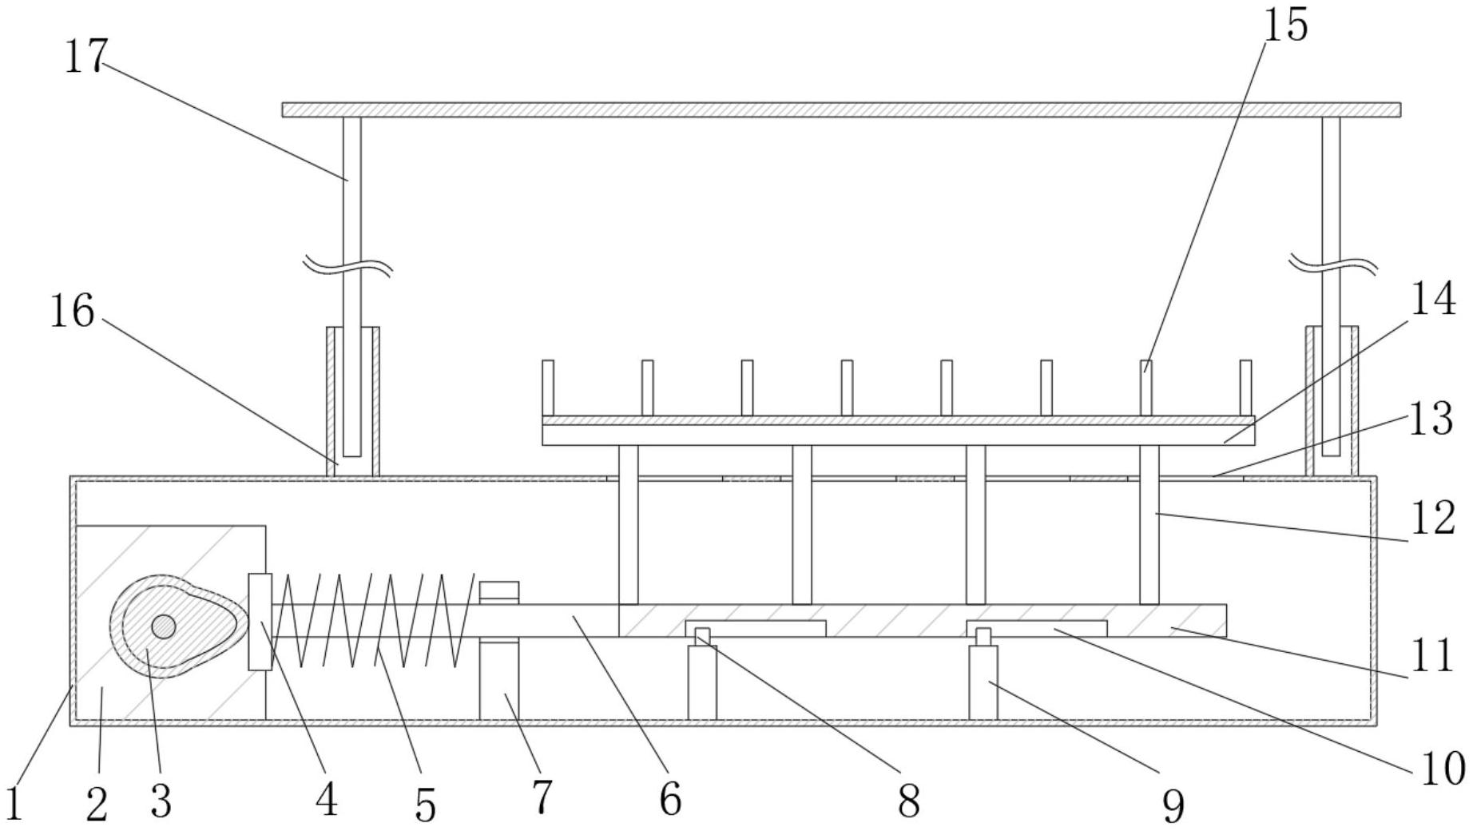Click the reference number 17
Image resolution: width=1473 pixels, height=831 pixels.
[85, 56]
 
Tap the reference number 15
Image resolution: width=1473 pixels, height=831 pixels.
[1285, 25]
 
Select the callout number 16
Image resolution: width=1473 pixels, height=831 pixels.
[72, 311]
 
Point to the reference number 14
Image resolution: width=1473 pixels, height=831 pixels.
[1432, 300]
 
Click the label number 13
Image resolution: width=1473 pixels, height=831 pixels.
[1431, 419]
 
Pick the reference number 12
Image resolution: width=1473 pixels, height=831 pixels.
[1433, 519]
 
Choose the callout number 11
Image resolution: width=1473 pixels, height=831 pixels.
[1431, 656]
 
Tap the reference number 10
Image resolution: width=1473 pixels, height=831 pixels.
[1442, 769]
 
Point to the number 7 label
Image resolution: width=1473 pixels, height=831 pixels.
[542, 797]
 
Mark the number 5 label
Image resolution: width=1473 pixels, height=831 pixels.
[426, 804]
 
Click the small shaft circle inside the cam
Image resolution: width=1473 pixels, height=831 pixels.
[164, 626]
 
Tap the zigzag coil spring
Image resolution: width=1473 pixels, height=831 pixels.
[375, 620]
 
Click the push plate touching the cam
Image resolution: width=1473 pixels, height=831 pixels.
[260, 621]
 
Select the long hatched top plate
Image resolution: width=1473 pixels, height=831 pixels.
[840, 109]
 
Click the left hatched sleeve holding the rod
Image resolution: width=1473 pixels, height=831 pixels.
[352, 400]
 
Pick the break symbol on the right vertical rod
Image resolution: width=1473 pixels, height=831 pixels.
[1332, 264]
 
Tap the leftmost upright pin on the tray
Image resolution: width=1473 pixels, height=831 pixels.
[548, 388]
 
